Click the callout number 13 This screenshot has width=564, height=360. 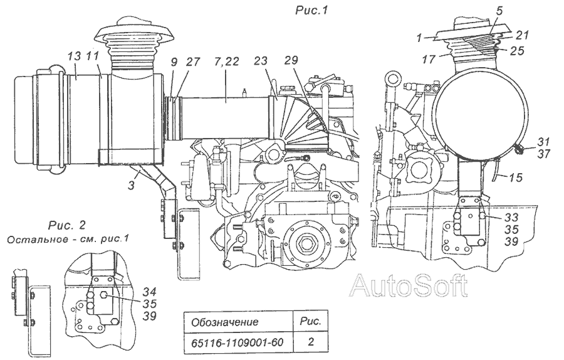click(75, 56)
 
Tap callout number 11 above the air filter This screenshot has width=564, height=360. click(93, 56)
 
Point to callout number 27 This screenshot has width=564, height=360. click(193, 61)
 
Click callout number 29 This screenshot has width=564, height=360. click(291, 60)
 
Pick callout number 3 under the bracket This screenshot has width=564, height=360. click(132, 186)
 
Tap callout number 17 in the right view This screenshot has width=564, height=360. click(429, 59)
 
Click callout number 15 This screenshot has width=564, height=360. click(516, 177)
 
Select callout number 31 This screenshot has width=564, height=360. click(544, 141)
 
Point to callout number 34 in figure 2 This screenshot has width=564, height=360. click(149, 290)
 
